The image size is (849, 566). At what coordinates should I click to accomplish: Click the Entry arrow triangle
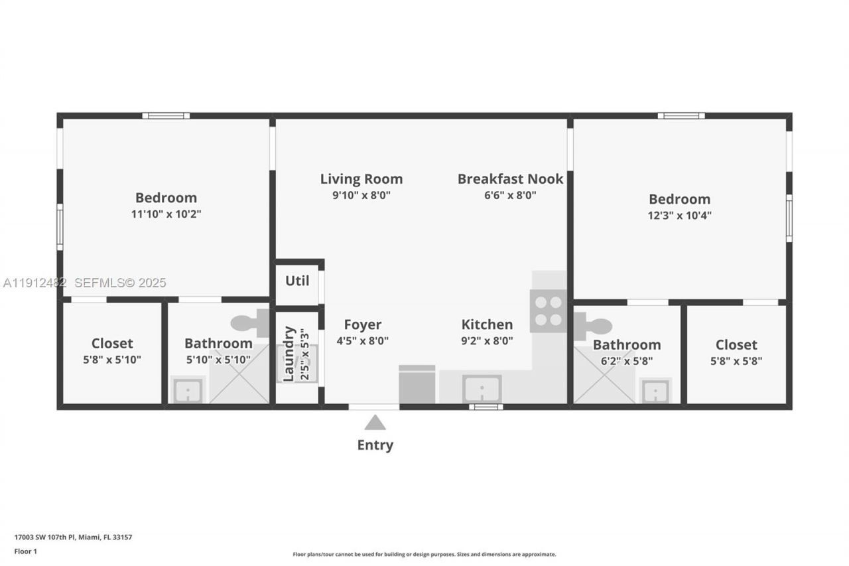(375, 423)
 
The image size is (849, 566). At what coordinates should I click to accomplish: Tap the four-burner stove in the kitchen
(549, 311)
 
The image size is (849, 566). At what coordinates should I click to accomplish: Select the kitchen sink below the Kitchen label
(482, 388)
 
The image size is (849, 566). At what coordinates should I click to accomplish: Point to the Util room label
(297, 281)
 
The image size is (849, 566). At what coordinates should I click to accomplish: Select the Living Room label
(361, 178)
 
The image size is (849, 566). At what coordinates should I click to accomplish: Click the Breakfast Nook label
(510, 178)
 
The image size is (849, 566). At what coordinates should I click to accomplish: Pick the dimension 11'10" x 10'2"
(166, 214)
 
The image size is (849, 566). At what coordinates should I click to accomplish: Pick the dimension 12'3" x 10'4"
(680, 216)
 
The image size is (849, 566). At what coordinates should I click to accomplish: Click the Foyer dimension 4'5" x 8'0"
(362, 341)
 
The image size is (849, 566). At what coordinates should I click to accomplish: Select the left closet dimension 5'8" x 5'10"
(112, 360)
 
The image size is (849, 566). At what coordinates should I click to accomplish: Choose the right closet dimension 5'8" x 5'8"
(736, 361)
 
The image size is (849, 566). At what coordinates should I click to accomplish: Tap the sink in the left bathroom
(188, 390)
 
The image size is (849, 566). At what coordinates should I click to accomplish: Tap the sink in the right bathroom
(656, 391)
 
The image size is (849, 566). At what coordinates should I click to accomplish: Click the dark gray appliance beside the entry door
(417, 385)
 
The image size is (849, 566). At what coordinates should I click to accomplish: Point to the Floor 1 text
(25, 551)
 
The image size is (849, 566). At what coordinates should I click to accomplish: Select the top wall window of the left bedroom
(166, 115)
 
